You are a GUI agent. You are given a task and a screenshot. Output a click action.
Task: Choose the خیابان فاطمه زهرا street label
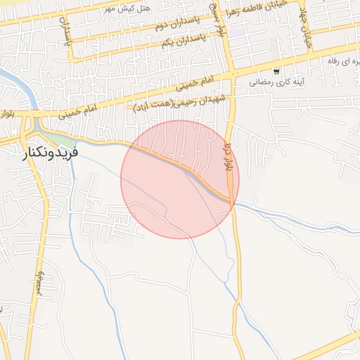(264, 13)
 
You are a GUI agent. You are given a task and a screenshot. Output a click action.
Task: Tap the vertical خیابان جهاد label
(307, 31)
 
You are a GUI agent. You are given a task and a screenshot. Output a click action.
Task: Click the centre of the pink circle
(180, 179)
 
